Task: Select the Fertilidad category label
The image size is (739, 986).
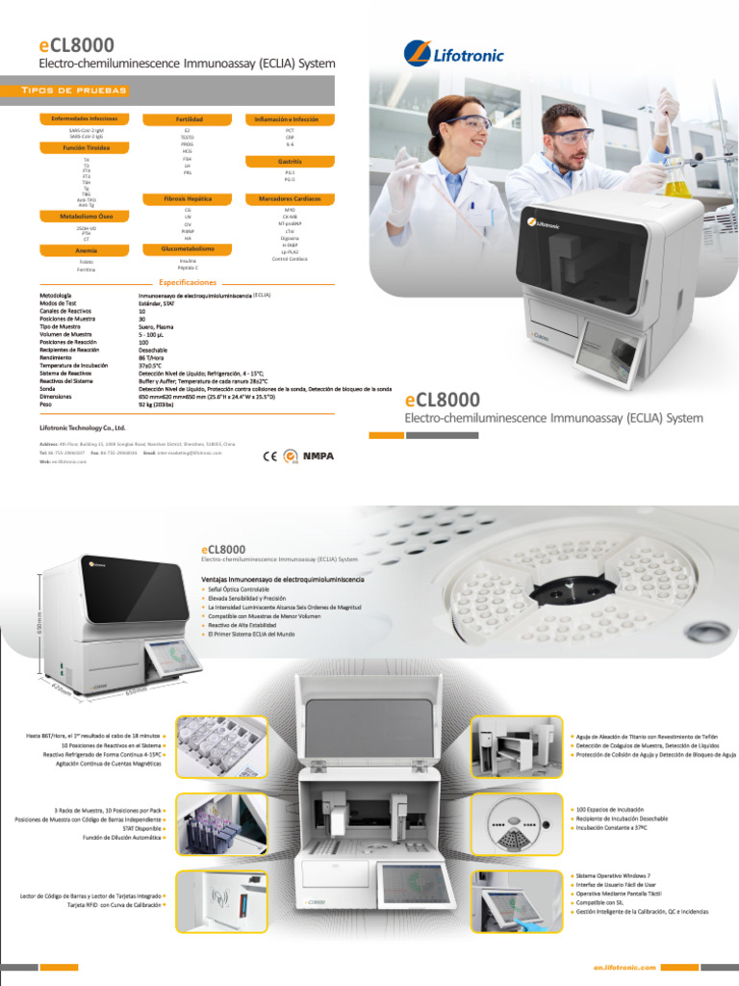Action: click(x=189, y=118)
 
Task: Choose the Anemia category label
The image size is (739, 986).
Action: click(x=87, y=249)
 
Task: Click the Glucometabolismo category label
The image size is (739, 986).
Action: click(x=189, y=248)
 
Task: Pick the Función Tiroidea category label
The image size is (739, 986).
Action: click(x=87, y=148)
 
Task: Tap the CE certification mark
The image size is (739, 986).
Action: click(x=270, y=456)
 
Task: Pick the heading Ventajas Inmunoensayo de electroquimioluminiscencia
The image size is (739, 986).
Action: click(x=282, y=580)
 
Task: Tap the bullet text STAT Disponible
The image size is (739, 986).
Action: click(x=141, y=828)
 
